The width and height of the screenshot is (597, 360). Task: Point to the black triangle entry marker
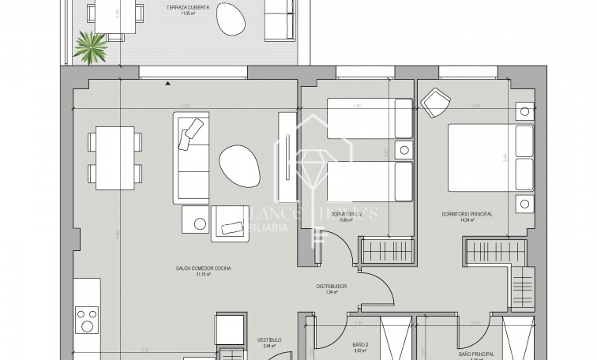point(167,82)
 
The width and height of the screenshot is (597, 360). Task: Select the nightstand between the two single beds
point(404,149)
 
